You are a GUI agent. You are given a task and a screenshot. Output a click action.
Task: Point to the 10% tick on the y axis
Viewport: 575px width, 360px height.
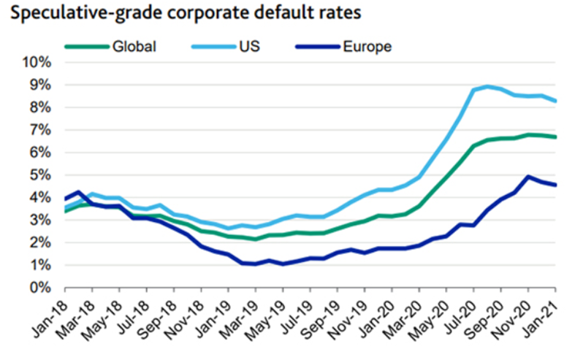pos(36,62)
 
